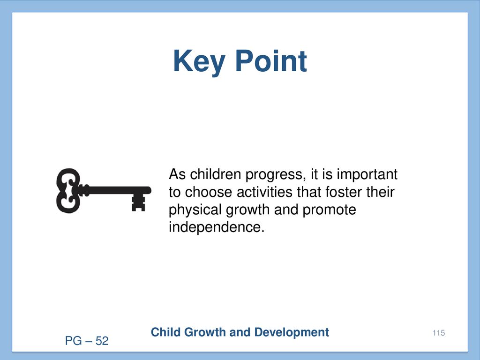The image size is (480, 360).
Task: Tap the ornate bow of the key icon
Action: click(x=68, y=190)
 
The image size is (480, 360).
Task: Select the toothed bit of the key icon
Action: click(x=138, y=202)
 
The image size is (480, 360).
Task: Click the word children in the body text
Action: click(x=215, y=174)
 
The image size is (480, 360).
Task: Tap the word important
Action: click(x=367, y=175)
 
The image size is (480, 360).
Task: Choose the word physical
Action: click(x=195, y=210)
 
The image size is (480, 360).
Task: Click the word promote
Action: click(x=330, y=210)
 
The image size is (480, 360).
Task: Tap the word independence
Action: click(x=217, y=227)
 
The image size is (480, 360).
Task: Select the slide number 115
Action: click(x=439, y=333)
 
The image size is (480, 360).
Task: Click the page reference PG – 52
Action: click(x=87, y=341)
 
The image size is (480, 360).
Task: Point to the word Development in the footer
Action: click(x=292, y=333)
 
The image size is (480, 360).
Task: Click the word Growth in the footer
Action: click(x=205, y=332)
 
